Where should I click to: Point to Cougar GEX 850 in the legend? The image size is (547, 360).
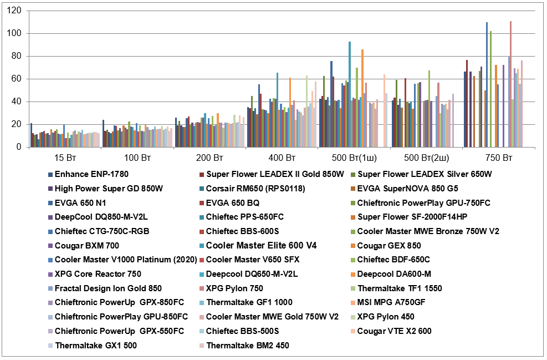389,246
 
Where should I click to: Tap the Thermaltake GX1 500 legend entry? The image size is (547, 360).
96,346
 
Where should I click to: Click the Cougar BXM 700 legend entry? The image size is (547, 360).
86,246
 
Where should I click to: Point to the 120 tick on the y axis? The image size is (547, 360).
16,11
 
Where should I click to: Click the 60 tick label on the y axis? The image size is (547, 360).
18,79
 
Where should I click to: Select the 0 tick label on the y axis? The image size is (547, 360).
20,148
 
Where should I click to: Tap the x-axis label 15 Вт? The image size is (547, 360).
64,159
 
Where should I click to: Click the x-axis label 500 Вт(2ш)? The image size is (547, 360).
426,159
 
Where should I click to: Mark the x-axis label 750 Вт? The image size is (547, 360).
498,159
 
